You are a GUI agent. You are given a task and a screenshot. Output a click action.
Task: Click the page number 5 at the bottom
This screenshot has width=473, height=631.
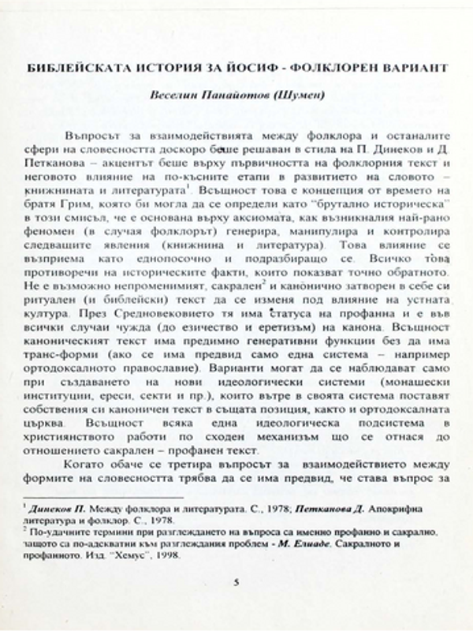pos(236,582)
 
